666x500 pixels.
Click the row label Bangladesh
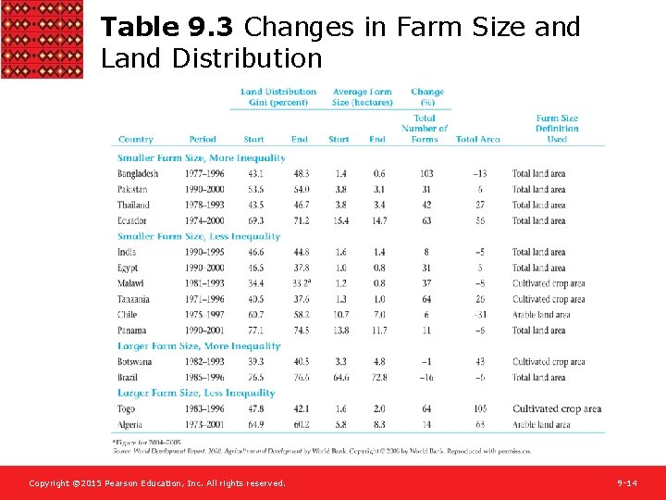pos(138,174)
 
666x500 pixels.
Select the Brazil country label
pos(129,378)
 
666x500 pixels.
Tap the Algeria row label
pos(131,425)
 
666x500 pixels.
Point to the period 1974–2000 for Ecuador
pos(203,221)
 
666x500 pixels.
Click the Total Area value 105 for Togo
pos(478,409)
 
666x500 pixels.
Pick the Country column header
pos(136,140)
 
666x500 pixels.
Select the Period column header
pos(202,140)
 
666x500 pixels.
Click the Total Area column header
pos(477,140)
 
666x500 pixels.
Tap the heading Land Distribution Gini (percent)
pos(278,97)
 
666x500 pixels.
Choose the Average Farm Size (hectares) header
pos(362,97)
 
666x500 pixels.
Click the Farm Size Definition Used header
pos(557,129)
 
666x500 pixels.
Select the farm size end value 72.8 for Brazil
pos(377,378)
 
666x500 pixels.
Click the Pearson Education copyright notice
pos(157,483)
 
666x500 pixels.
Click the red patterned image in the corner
pos(42,39)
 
